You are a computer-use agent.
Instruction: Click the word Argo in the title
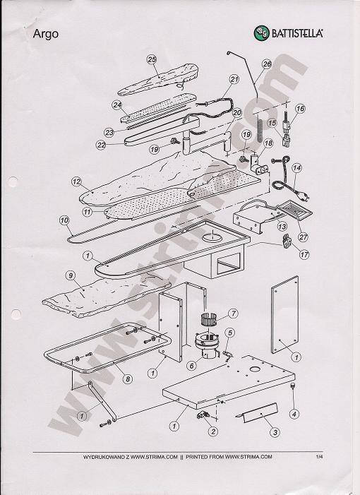[46, 34]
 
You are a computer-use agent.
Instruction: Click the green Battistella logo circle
[262, 33]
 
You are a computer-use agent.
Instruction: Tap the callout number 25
[152, 59]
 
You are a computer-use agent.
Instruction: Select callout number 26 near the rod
[267, 64]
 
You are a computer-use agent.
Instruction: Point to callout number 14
[296, 168]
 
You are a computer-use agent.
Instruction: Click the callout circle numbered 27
[304, 237]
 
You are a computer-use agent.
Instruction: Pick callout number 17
[304, 254]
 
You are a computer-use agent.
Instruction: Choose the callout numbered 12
[77, 182]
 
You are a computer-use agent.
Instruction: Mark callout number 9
[71, 275]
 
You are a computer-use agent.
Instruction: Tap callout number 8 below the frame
[128, 378]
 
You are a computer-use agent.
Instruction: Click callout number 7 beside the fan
[233, 314]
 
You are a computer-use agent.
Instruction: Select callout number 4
[294, 414]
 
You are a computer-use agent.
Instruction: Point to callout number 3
[275, 432]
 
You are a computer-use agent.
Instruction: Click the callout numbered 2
[213, 431]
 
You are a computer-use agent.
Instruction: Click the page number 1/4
[320, 457]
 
